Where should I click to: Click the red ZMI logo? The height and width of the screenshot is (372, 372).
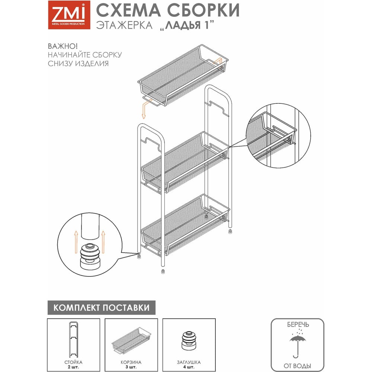(x=69, y=15)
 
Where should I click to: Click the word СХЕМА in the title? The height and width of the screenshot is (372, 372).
(x=128, y=10)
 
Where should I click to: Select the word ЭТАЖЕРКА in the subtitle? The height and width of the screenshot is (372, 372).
(x=124, y=26)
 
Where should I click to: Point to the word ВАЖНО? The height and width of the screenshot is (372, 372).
(x=63, y=46)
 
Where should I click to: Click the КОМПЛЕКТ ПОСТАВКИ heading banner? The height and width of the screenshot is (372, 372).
(x=102, y=308)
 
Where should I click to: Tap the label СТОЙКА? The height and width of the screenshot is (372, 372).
(x=73, y=362)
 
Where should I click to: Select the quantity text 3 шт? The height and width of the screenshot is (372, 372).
(x=131, y=367)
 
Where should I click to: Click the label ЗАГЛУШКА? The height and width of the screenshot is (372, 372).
(x=189, y=362)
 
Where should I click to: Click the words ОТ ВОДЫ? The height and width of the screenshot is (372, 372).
(x=297, y=366)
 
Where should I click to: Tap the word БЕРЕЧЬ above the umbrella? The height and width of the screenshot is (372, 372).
(x=298, y=324)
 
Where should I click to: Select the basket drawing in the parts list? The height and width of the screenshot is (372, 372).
(x=131, y=340)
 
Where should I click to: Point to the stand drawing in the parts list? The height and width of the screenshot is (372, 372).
(x=73, y=340)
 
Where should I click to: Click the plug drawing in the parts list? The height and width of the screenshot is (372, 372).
(x=189, y=339)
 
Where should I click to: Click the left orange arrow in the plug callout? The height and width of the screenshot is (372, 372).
(x=76, y=242)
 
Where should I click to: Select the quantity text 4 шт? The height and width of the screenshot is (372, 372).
(x=189, y=367)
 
